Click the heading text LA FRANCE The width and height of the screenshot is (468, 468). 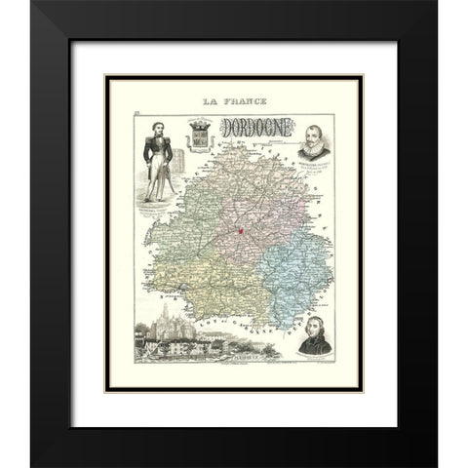(234, 101)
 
